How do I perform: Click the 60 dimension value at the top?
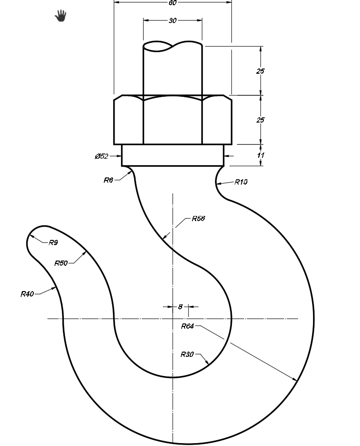173,3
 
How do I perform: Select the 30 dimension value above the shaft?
173,21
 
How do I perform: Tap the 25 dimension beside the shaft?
260,71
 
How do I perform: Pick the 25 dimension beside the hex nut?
260,120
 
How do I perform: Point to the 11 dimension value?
261,155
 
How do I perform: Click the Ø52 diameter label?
101,156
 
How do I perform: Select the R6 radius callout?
108,180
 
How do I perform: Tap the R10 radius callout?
241,182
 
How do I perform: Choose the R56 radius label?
198,219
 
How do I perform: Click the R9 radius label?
53,243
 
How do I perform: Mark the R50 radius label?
61,263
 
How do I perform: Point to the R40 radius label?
27,294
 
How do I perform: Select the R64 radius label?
188,326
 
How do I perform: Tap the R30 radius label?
187,354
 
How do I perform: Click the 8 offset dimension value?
180,307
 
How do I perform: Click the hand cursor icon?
61,17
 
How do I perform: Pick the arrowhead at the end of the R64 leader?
295,379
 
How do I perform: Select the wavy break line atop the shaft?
173,46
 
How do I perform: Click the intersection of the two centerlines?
173,319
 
